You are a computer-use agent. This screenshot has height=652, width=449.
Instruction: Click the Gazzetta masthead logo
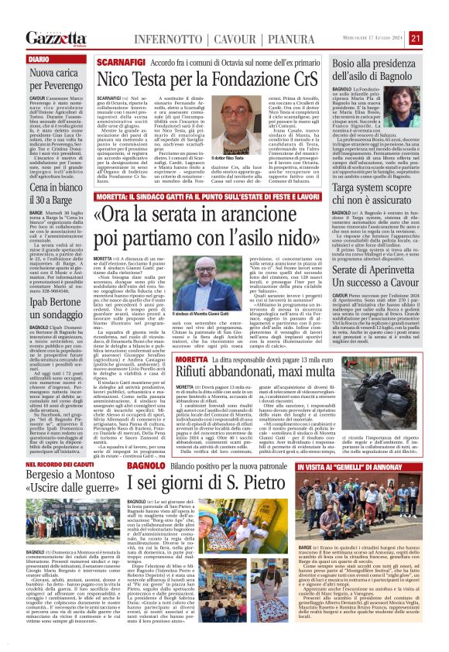(55, 37)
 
